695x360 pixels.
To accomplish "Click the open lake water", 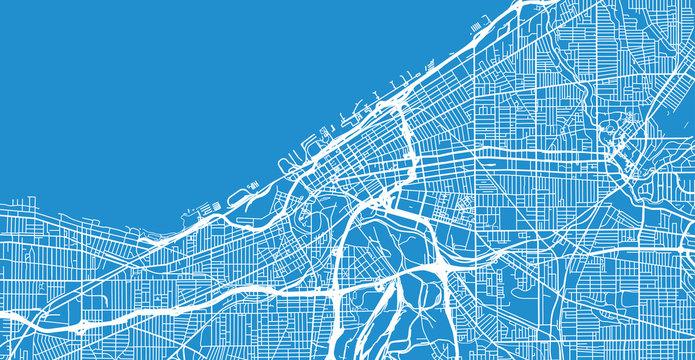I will point(150,90).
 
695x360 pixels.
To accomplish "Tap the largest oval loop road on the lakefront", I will point(241,194).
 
